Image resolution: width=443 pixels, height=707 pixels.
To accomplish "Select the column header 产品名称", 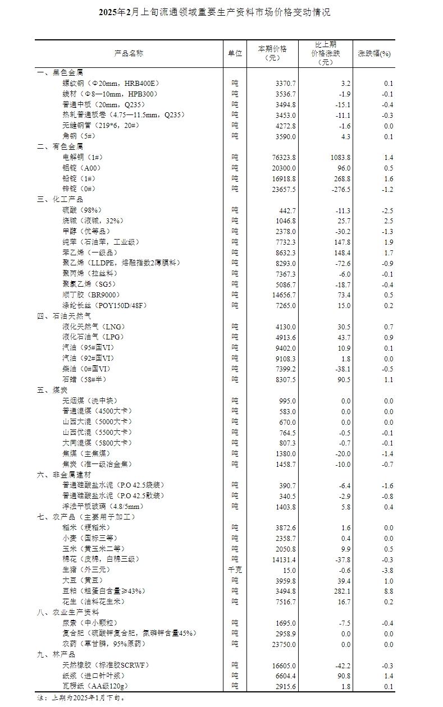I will point(129,53).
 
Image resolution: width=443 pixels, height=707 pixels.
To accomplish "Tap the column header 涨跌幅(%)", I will point(375,53).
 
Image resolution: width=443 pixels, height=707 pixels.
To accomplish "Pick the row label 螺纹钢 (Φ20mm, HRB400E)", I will point(111,84).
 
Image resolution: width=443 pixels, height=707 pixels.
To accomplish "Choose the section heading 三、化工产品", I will point(60,199).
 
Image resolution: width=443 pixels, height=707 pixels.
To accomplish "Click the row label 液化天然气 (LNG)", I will point(93,327).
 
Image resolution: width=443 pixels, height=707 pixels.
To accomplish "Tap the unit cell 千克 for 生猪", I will point(235,570).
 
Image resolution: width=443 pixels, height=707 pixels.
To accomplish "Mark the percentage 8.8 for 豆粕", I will point(388,591).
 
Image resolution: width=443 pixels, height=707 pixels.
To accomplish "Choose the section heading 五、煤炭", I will point(52,390).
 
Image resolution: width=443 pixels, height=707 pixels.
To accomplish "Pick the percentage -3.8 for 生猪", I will point(387,570).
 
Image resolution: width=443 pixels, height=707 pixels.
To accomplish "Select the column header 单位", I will point(235,53).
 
